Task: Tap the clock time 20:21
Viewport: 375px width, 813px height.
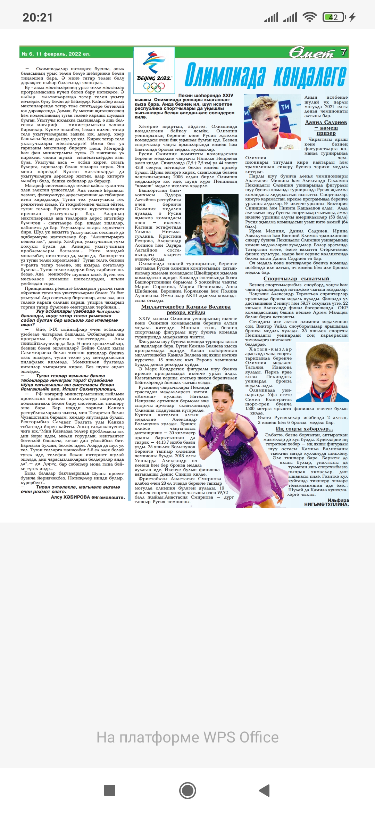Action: click(37, 17)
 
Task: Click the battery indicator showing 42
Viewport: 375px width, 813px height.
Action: click(333, 17)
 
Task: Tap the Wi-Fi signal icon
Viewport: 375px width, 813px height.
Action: click(309, 17)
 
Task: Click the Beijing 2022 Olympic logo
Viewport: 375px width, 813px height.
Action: click(154, 71)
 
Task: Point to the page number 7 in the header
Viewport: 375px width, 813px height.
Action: click(343, 52)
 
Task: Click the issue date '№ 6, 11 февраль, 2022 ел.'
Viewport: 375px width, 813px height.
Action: click(56, 54)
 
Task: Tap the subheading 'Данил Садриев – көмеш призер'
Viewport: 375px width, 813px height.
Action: click(326, 128)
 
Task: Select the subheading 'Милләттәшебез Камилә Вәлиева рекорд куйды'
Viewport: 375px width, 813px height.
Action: click(186, 309)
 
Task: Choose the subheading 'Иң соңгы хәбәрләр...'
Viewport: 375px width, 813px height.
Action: click(304, 429)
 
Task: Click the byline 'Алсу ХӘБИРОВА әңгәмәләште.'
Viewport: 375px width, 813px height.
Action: click(87, 497)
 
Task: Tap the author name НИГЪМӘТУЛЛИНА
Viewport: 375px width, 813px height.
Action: click(326, 504)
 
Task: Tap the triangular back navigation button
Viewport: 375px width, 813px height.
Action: click(265, 790)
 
